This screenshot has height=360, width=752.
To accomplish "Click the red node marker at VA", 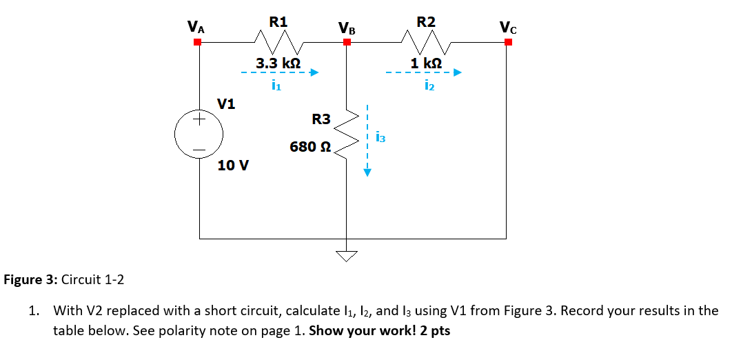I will coord(198,42).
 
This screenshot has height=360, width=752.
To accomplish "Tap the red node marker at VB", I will coord(347,42).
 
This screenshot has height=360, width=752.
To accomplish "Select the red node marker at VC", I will coord(508,42).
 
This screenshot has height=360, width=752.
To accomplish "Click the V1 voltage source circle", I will coord(199,134).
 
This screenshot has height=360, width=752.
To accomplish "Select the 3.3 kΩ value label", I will coord(278,63).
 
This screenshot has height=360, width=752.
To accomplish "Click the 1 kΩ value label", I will coord(427,63).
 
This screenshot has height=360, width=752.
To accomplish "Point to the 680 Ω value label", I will coord(310,147).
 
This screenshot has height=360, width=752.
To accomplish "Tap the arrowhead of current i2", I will coord(456,72).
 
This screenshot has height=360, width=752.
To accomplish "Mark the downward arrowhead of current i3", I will coord(367,173).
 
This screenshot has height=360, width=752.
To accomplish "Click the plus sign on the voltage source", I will coord(199,120).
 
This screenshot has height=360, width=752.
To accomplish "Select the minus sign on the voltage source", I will coord(199,148).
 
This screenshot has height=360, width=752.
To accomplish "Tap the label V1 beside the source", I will coord(226,104).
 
